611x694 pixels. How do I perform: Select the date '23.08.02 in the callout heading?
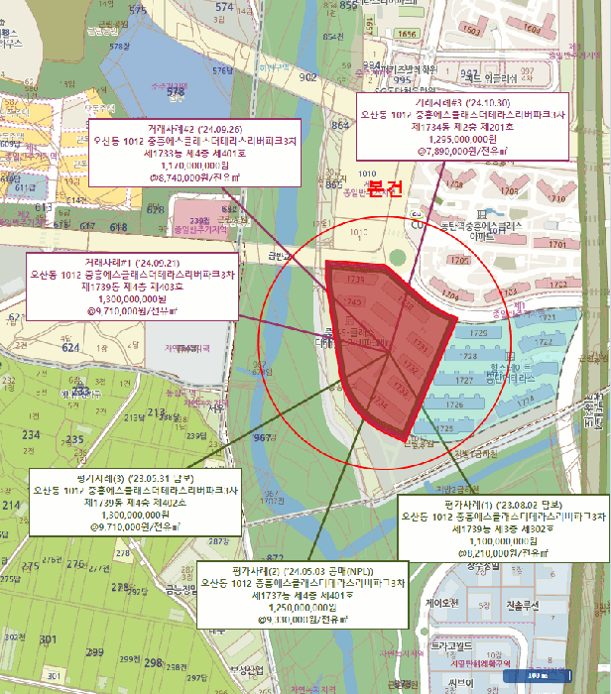pyautogui.click(x=526, y=506)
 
